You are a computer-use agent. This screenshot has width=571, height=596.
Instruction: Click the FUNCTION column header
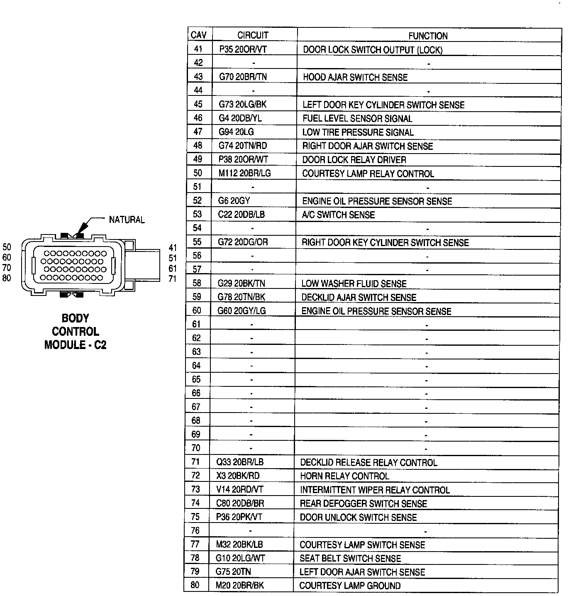[x=428, y=36]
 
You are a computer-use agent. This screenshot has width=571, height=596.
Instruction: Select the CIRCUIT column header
[x=253, y=35]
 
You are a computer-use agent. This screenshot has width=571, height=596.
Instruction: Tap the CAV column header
[x=199, y=35]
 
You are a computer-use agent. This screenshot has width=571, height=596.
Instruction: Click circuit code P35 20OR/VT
[x=243, y=49]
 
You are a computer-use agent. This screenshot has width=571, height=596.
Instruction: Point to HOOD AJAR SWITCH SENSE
[x=355, y=77]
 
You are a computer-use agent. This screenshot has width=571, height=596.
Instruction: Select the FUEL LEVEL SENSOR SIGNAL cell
[x=357, y=119]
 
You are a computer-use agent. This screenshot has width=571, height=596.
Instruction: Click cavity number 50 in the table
[x=198, y=173]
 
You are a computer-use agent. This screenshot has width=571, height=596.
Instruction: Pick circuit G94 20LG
[x=236, y=132]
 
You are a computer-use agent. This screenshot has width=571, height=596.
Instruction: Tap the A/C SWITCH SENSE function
[x=338, y=215]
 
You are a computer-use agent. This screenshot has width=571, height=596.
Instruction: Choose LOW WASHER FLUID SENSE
[x=354, y=284]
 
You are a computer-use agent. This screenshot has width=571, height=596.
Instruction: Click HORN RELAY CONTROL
[x=344, y=476]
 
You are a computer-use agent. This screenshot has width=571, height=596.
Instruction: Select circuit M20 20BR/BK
[x=239, y=586]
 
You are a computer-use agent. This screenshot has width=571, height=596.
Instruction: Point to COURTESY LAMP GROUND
[x=350, y=586]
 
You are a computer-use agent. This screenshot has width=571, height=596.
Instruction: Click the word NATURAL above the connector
[x=127, y=220]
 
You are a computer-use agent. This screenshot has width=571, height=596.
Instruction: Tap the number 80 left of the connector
[x=7, y=278]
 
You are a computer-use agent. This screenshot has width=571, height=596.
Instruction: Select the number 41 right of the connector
[x=173, y=248]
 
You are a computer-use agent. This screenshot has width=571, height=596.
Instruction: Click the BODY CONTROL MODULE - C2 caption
[x=75, y=331]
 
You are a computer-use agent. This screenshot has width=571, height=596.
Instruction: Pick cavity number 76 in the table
[x=195, y=530]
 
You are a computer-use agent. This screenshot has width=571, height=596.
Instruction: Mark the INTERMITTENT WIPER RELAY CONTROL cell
[x=375, y=490]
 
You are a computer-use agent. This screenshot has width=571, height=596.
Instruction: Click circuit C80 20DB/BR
[x=240, y=503]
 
